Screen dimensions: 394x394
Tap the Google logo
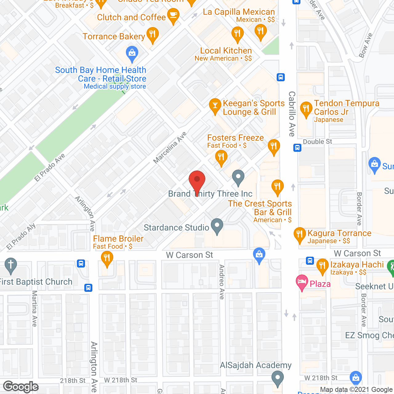[21, 387]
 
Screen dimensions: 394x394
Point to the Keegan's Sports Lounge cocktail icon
[215, 105]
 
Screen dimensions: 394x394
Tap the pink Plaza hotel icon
[302, 282]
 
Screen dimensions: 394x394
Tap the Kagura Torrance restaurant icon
[300, 234]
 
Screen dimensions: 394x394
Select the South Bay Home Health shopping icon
[132, 53]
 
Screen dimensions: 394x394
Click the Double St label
[317, 142]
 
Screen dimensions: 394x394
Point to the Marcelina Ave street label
[170, 148]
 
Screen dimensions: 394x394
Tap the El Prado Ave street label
[50, 167]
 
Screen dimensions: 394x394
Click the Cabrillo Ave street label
[292, 114]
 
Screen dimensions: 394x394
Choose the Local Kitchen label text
[226, 51]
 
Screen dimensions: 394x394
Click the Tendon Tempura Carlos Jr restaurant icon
[306, 109]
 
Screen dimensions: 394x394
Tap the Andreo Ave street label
[222, 282]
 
